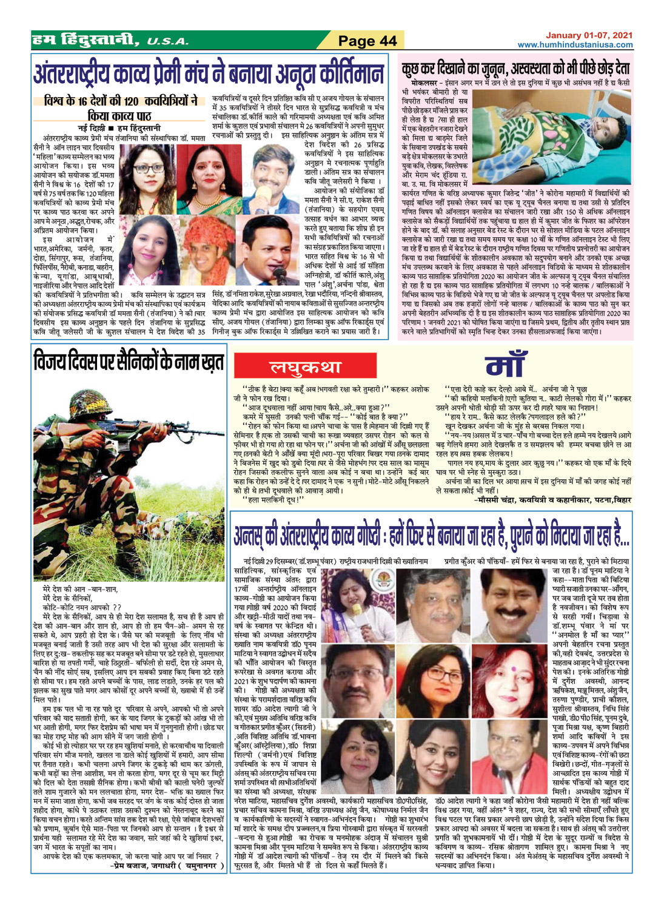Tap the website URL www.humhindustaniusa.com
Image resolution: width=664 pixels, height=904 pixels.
coord(575,45)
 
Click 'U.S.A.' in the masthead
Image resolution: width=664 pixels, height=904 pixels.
coord(167,41)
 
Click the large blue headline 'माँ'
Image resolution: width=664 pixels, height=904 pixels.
coord(523,365)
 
